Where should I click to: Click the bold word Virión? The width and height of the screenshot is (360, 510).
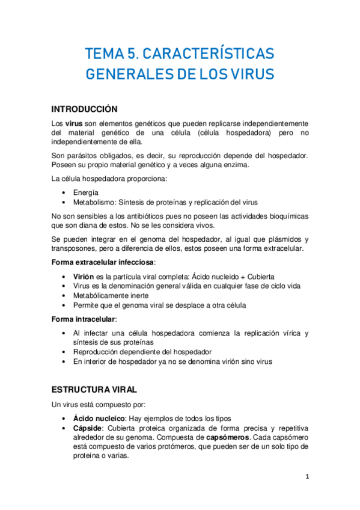point(84,275)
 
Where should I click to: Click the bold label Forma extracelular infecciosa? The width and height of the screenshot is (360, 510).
point(103,262)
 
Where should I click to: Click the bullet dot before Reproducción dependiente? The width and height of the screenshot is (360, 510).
point(64,352)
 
